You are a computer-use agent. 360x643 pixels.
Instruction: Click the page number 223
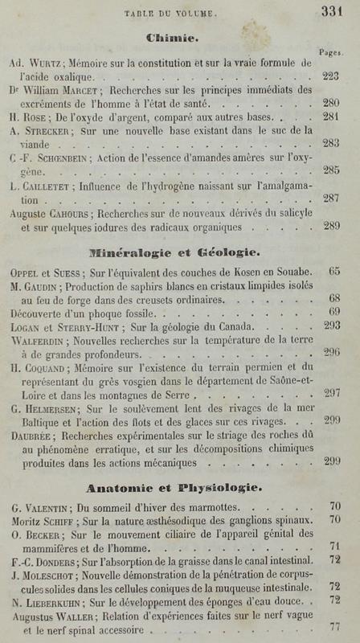pyautogui.click(x=330, y=75)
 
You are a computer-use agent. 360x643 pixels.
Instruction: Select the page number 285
pyautogui.click(x=330, y=170)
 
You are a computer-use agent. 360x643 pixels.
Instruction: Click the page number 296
pyautogui.click(x=331, y=352)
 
